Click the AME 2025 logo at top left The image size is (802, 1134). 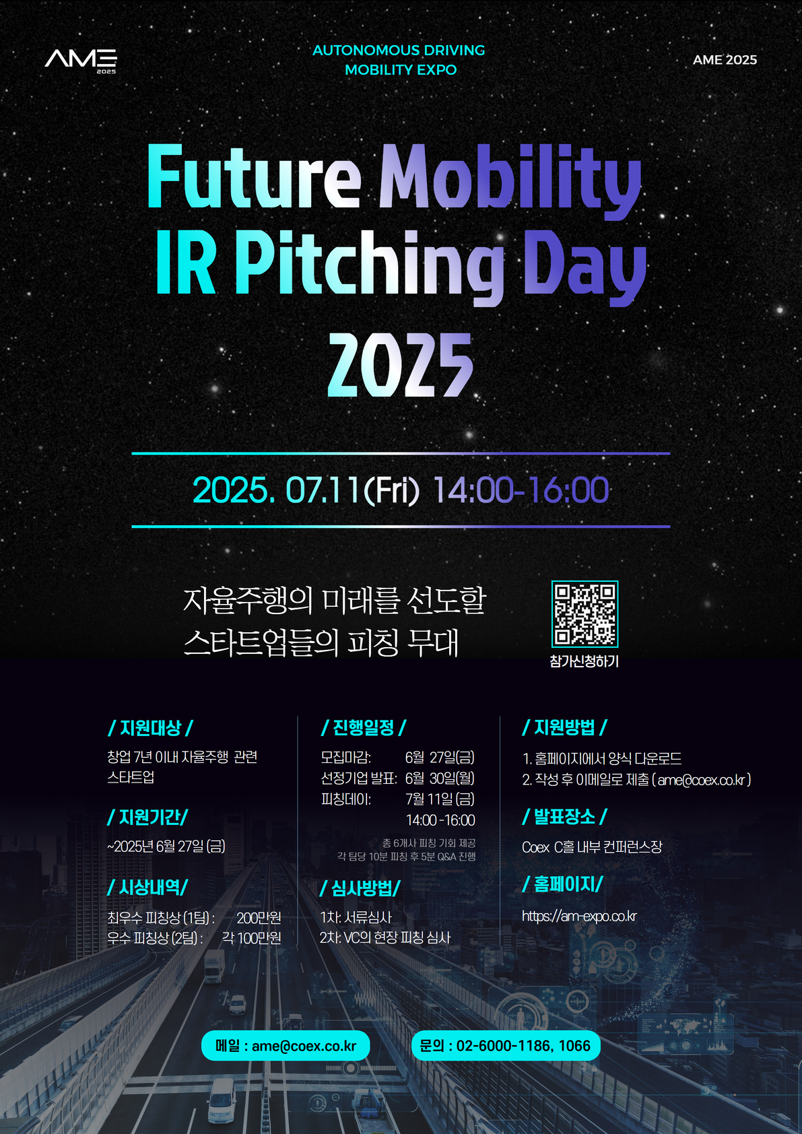(x=81, y=61)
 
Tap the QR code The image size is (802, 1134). (x=584, y=613)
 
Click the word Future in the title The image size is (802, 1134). (x=254, y=176)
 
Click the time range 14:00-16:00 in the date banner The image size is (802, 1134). (x=521, y=490)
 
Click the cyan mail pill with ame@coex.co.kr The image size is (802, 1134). (x=286, y=1045)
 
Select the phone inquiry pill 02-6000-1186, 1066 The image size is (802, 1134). (x=506, y=1045)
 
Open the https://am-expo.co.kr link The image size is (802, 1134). (x=579, y=916)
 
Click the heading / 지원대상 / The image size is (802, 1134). (x=151, y=728)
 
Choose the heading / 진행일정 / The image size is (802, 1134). (x=364, y=728)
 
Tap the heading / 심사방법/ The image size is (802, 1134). (x=360, y=888)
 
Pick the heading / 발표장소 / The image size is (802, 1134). (x=564, y=817)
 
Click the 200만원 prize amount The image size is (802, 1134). (x=259, y=917)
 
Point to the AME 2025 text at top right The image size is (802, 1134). (x=725, y=60)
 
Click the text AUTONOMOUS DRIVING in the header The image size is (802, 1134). (x=399, y=50)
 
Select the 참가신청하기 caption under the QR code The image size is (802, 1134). (x=584, y=661)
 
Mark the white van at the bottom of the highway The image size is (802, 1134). (x=222, y=1100)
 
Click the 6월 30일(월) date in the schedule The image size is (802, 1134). (x=440, y=778)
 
